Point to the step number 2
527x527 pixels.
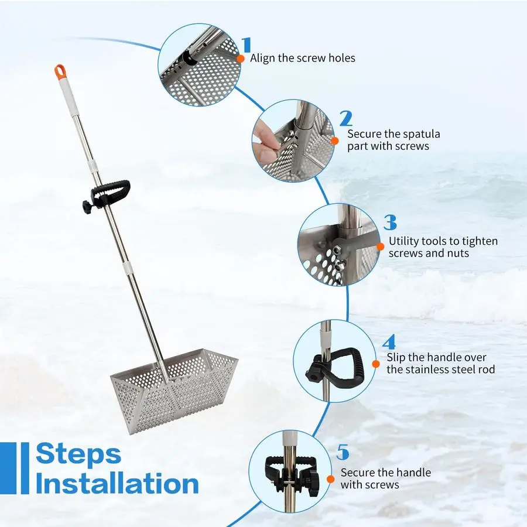(x=345, y=119)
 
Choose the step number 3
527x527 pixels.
(x=390, y=223)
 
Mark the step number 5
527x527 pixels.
(x=343, y=453)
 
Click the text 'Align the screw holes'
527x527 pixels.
(x=302, y=58)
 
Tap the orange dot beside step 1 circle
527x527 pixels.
(x=240, y=59)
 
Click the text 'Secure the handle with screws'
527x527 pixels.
(x=385, y=478)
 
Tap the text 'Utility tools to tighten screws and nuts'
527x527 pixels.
(x=443, y=247)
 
